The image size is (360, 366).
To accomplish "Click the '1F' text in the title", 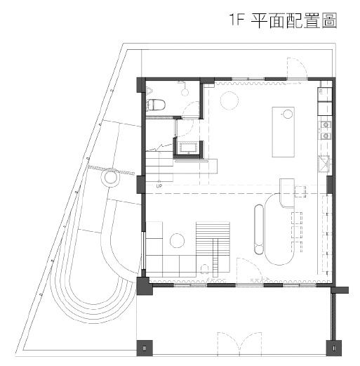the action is [236, 20].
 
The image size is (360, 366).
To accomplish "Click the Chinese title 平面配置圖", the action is [294, 20].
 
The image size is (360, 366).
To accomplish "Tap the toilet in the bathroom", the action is [156, 105].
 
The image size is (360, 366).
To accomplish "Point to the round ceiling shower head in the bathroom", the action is [185, 92].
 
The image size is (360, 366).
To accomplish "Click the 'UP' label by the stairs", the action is [159, 186].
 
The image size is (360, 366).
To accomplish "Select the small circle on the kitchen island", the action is [288, 115].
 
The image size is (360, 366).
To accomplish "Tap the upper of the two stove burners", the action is [326, 124].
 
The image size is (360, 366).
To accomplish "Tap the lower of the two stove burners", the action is [326, 136].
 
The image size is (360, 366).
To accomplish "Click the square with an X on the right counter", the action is [324, 164].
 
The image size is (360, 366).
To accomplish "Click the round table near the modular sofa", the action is [177, 240].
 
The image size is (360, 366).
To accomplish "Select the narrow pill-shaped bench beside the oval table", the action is [259, 229].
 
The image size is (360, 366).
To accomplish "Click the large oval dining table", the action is [279, 229].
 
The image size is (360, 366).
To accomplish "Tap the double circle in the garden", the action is [110, 178].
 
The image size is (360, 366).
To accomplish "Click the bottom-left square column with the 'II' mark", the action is [145, 348].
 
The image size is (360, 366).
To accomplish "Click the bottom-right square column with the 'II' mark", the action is [334, 348].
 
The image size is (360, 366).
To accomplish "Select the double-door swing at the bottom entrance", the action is [239, 344].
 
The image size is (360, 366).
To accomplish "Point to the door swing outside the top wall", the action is [297, 68].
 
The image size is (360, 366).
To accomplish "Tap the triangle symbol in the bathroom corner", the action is [149, 91].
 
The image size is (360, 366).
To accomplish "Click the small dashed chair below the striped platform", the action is [205, 269].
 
